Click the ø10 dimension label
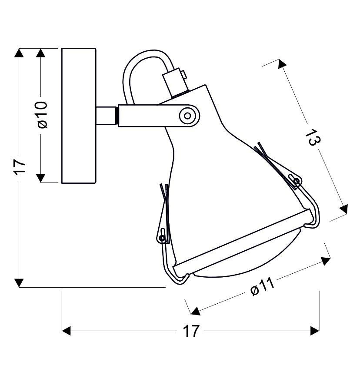(42, 115)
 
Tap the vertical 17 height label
(20, 166)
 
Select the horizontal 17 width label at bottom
(190, 331)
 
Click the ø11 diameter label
(263, 286)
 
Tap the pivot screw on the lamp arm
(188, 115)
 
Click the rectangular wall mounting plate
(79, 116)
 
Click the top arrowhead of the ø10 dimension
(41, 53)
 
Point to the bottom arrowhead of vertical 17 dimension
(19, 282)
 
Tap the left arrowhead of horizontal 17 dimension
(67, 331)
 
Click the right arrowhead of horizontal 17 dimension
(315, 331)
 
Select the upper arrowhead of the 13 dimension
(282, 64)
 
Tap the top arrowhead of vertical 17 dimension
(19, 53)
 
